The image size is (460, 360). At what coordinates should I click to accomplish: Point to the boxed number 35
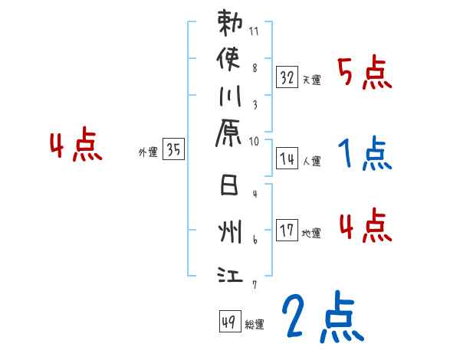coord(173,150)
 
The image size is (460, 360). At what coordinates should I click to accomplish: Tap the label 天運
coord(311,80)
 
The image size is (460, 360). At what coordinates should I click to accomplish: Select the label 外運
coord(148,152)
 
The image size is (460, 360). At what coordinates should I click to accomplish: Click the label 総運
coord(254,323)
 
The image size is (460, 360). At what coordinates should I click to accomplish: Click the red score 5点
coord(365,74)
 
